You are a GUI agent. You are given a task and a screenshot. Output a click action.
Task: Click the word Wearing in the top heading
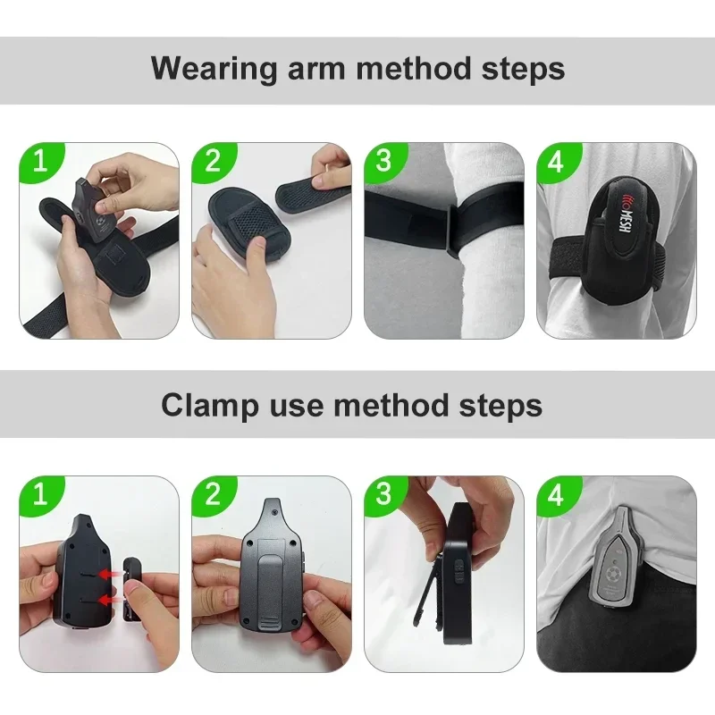(214, 69)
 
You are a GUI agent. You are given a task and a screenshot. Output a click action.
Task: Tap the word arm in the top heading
(316, 69)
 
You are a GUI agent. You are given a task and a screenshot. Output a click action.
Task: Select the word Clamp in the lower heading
(210, 405)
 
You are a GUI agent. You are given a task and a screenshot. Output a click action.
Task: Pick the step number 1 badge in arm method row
(40, 161)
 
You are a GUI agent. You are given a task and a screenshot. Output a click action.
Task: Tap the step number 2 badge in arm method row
(213, 161)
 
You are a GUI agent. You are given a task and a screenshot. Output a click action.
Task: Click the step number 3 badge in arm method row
(384, 161)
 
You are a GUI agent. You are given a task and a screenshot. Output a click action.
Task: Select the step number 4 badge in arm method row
(557, 161)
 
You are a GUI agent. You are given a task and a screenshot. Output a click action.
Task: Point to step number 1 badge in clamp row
(40, 494)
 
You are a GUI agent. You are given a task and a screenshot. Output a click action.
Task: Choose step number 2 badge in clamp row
(213, 494)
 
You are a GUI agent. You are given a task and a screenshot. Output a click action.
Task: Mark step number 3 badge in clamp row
(384, 494)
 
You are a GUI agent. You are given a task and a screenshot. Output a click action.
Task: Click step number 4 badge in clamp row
(557, 494)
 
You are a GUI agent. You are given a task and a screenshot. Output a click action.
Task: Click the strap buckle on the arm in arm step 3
(451, 231)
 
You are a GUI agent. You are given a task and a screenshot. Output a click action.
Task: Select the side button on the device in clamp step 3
(460, 570)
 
